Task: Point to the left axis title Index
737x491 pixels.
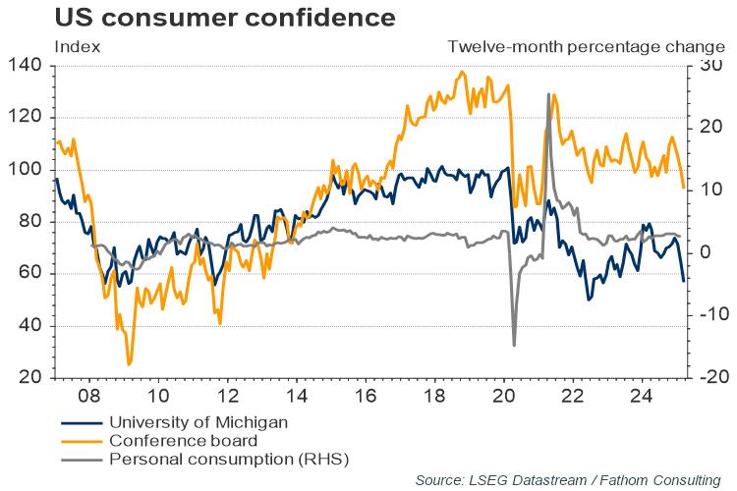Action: pos(77,46)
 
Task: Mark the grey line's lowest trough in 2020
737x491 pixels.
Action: pos(514,345)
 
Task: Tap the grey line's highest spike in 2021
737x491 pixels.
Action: pos(547,94)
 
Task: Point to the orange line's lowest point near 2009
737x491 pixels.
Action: pos(129,364)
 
